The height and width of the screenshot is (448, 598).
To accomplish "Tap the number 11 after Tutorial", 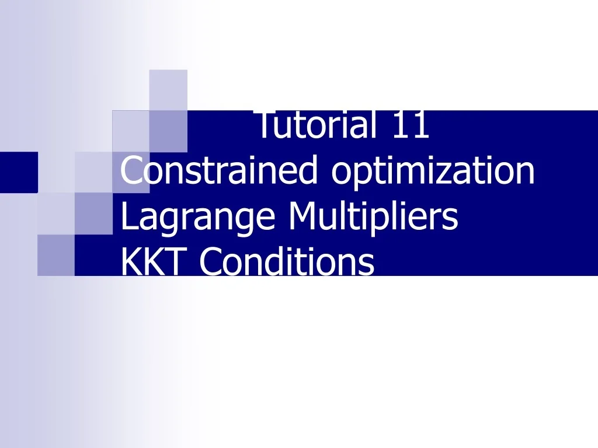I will (x=410, y=126).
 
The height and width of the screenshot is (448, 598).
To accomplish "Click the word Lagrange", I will (x=199, y=217).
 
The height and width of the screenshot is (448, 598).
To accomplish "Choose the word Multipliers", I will (x=373, y=217).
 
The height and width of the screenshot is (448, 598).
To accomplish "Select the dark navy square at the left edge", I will (x=18, y=172).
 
